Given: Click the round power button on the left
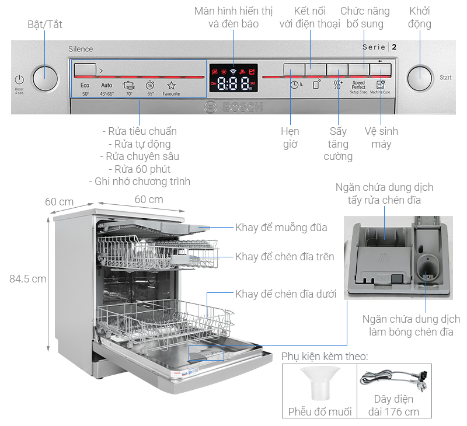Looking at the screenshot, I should [45, 79].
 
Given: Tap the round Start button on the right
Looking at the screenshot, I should [419, 78].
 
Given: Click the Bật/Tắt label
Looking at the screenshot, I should [45, 25].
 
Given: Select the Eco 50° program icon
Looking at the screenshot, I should [85, 88].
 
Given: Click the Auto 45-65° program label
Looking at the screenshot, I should [106, 89].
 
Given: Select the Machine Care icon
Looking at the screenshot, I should [380, 86].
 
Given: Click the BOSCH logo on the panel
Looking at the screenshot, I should [233, 107].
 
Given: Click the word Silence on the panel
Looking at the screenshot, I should [81, 49].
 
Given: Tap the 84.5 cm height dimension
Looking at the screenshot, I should [27, 279].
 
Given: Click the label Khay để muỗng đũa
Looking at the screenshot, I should [281, 228].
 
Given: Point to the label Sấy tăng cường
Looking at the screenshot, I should [338, 144].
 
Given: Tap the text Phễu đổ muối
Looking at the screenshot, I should [320, 411].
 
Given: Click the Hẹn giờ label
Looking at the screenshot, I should [291, 138].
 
